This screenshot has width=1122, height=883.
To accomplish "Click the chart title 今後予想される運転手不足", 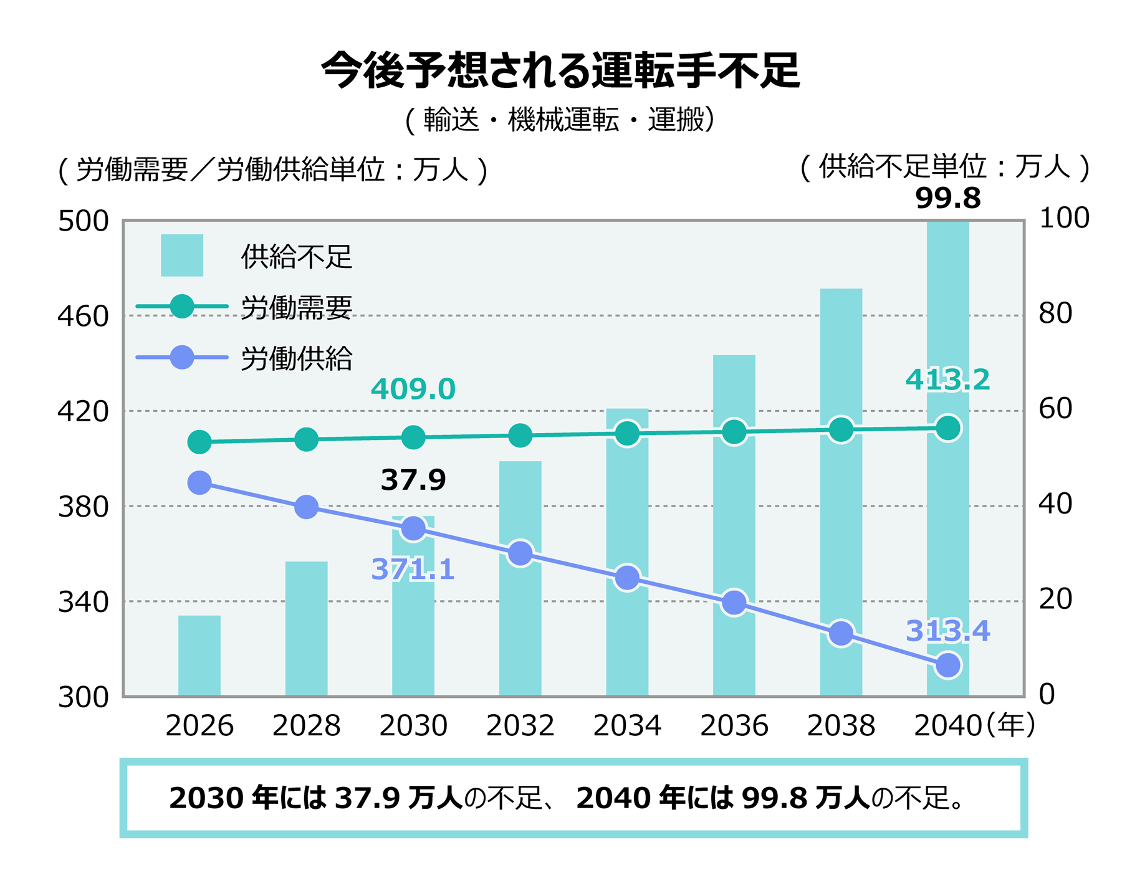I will (x=560, y=70).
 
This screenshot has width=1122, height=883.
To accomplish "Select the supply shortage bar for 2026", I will (x=199, y=655).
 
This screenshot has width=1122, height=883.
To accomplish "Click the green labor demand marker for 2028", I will (x=306, y=440).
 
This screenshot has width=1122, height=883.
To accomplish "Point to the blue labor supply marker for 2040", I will (x=948, y=666).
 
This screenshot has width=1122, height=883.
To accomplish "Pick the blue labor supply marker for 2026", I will (x=199, y=483).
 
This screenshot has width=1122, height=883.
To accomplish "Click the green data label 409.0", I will (x=413, y=390).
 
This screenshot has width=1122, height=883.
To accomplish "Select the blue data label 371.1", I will (x=413, y=570).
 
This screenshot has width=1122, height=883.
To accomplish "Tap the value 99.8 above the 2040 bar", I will (x=948, y=199).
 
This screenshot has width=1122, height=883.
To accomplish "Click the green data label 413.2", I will (x=947, y=380).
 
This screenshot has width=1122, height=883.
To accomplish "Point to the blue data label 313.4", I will (x=947, y=631).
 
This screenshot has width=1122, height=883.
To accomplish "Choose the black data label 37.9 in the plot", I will (x=413, y=480).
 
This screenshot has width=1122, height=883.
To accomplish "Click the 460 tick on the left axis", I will (x=83, y=317).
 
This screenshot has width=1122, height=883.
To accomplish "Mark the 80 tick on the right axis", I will (x=1055, y=313).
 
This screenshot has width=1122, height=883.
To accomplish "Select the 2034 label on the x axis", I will (x=627, y=726).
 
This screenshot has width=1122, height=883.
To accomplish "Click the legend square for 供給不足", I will (x=182, y=255).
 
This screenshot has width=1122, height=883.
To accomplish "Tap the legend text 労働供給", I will (x=297, y=359).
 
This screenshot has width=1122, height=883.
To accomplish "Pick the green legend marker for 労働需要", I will (x=182, y=307).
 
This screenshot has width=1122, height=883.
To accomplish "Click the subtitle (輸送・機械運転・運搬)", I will (x=560, y=120).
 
